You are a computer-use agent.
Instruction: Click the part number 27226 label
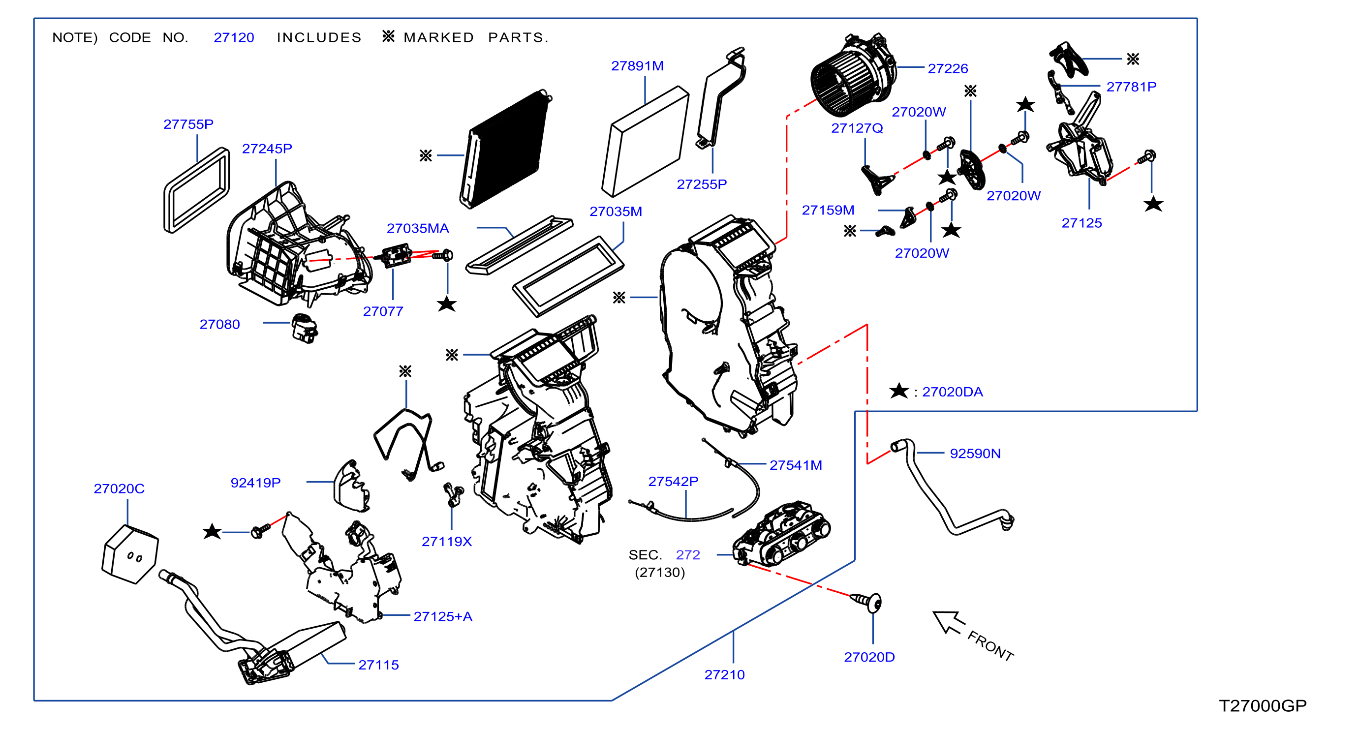(948, 68)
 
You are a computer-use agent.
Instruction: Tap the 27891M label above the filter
(637, 66)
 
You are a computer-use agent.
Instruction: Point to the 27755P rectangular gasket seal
(197, 190)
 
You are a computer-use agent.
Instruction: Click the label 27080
(219, 324)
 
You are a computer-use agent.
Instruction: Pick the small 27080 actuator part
(305, 329)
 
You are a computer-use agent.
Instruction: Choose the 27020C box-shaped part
(130, 554)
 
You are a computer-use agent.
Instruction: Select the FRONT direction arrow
(949, 622)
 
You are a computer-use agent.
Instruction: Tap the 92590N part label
(975, 454)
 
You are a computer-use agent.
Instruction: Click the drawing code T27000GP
(1263, 706)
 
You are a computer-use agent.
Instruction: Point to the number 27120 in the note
(234, 37)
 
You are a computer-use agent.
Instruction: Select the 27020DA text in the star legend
(952, 392)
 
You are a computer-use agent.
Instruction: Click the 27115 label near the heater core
(378, 665)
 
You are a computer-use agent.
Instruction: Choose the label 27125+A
(443, 616)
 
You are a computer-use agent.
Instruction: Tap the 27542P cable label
(673, 481)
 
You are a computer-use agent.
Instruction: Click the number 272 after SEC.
(688, 555)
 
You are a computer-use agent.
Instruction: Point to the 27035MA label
(417, 228)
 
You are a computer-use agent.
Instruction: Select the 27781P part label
(1131, 87)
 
